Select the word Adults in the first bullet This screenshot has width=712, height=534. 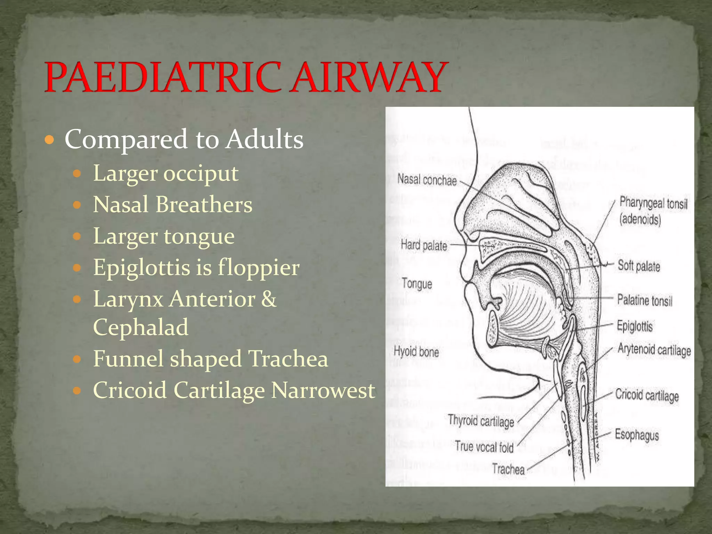[x=265, y=139]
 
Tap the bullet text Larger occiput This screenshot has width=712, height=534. [x=166, y=173]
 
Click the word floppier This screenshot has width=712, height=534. [x=259, y=268]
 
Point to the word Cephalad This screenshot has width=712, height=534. [x=141, y=327]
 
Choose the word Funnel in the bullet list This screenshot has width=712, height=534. [x=128, y=358]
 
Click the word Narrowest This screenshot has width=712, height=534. [x=323, y=390]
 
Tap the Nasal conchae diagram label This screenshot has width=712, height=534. [x=427, y=180]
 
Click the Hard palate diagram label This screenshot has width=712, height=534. [x=424, y=245]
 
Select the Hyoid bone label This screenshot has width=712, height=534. [x=416, y=352]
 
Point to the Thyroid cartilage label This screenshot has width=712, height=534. [x=481, y=421]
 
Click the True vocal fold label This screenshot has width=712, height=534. [x=484, y=447]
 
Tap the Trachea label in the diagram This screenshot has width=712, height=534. [x=508, y=469]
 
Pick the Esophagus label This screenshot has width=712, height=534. [x=637, y=435]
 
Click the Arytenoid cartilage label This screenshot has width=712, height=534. [x=654, y=350]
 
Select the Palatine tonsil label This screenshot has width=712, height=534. [x=645, y=300]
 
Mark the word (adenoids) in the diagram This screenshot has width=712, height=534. [x=640, y=219]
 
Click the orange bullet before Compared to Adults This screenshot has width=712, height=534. [x=50, y=140]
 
